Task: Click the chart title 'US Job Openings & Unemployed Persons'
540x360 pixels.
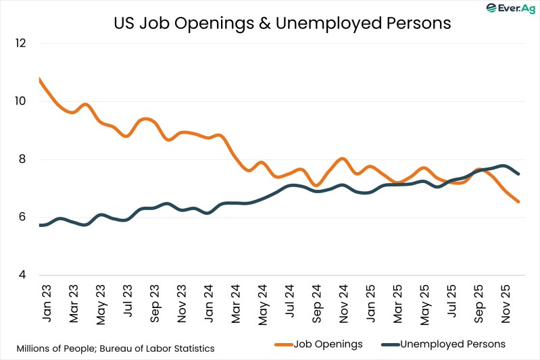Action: [x=282, y=22]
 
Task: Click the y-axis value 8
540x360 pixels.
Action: [x=21, y=159]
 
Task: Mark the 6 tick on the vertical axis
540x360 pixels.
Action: [x=21, y=217]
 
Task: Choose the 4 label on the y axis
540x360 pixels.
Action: [x=21, y=276]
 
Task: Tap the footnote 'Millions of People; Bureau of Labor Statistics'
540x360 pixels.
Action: [x=116, y=349]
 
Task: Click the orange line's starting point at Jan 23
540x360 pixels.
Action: [x=40, y=80]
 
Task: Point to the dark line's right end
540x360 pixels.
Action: [x=518, y=174]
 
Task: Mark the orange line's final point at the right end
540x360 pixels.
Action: [x=518, y=201]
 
